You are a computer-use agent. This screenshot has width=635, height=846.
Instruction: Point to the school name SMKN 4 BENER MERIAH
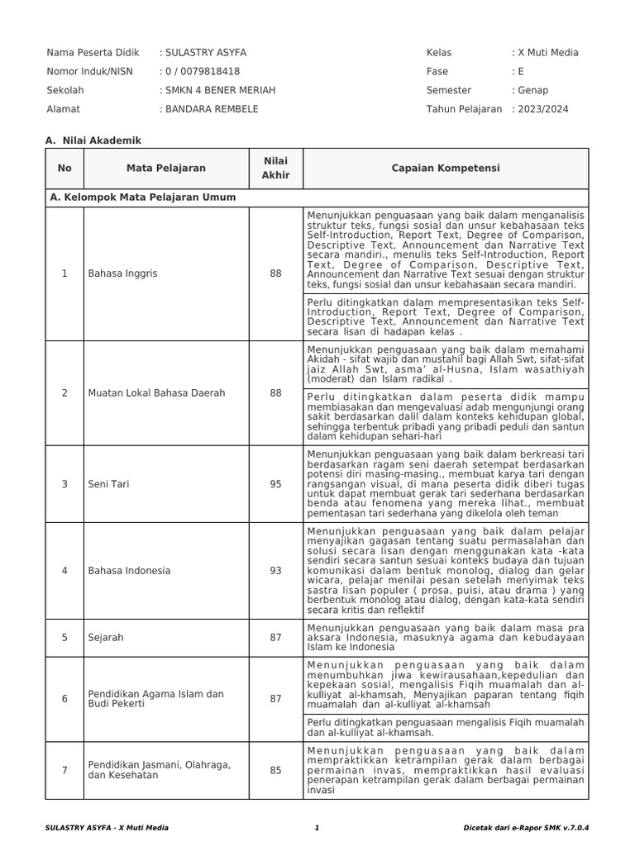pos(220,90)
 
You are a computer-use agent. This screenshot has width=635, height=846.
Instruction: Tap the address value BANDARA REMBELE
pos(212,109)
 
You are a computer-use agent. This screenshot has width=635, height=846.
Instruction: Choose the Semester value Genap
pos(532,90)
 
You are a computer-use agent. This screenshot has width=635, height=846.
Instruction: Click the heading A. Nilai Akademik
pos(94,140)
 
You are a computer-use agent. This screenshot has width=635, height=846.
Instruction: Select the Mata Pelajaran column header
pos(166,169)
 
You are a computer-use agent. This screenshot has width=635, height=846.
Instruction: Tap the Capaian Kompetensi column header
pos(446,169)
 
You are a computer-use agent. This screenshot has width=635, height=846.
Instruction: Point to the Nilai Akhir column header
pos(275,169)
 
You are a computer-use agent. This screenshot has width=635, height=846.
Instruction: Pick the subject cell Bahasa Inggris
pos(122,273)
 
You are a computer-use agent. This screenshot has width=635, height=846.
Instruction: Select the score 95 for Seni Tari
pos(275,484)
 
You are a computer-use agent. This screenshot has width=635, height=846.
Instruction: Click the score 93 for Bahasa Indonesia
pos(275,571)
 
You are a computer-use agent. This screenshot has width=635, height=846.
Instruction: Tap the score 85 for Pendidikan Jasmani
pos(275,771)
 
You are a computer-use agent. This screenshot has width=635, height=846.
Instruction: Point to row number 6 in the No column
pos(65,699)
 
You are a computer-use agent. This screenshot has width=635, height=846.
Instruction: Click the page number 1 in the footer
pos(317,827)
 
